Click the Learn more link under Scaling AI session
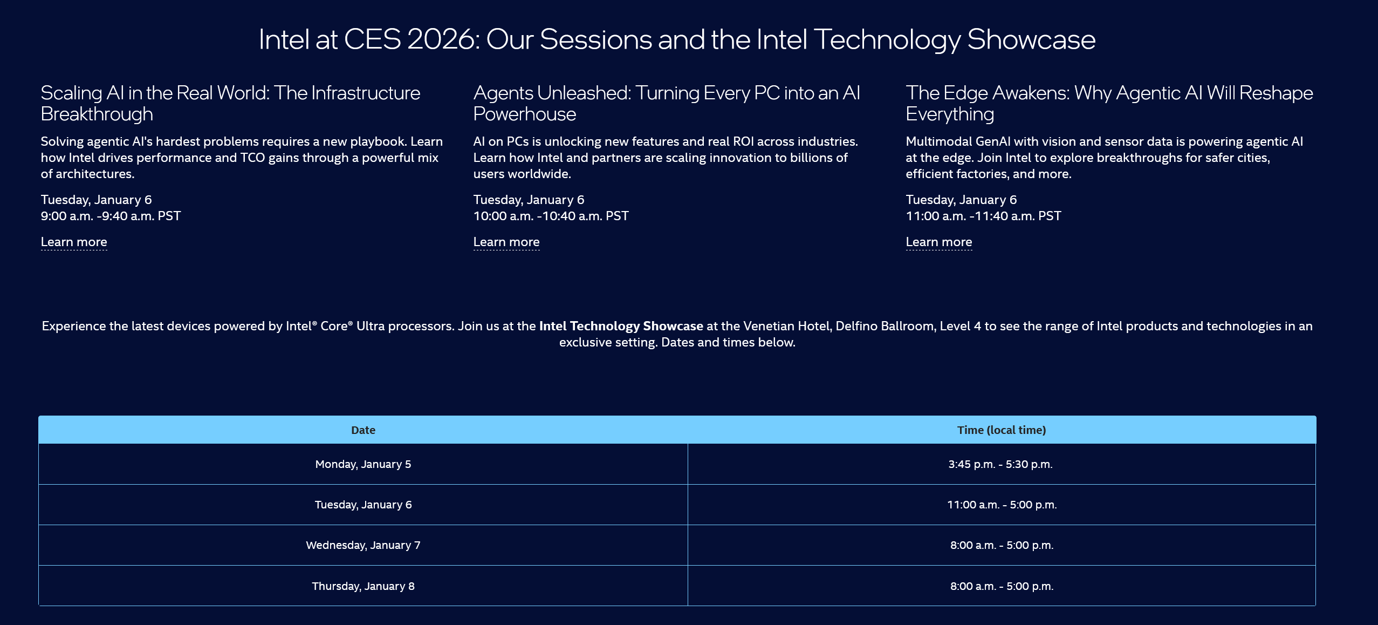click(74, 242)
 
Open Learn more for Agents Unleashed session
click(506, 242)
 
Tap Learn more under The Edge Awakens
click(939, 242)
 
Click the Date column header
click(363, 430)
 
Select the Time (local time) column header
click(1002, 430)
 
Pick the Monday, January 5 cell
click(363, 464)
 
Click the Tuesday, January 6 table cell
click(363, 505)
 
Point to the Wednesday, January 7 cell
click(363, 545)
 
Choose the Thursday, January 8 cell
click(363, 586)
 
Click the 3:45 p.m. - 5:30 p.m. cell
click(1002, 464)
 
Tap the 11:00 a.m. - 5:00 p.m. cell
click(1002, 505)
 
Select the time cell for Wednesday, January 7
click(1002, 545)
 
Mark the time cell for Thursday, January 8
click(1002, 586)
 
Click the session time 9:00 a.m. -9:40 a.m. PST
click(111, 216)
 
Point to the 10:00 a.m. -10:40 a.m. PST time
click(551, 216)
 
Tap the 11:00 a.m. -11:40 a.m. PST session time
click(984, 216)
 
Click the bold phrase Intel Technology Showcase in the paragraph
click(621, 326)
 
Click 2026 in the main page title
click(443, 39)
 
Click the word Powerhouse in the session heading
click(525, 114)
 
